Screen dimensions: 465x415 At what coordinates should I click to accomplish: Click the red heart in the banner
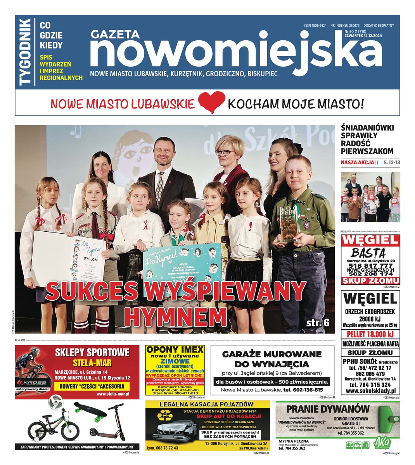click(211, 102)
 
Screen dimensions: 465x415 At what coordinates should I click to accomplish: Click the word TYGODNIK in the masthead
click(25, 52)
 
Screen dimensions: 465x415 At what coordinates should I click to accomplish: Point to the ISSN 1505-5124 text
click(315, 26)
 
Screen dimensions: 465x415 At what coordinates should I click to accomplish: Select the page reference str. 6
click(318, 323)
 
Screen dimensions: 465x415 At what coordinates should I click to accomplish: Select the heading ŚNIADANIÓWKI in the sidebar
click(367, 127)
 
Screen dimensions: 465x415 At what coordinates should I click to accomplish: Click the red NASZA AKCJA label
click(357, 163)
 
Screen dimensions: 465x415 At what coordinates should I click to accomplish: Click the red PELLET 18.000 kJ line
click(370, 334)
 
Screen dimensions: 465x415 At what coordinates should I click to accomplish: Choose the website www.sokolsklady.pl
click(370, 391)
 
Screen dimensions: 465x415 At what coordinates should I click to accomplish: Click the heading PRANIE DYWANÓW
click(328, 409)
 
